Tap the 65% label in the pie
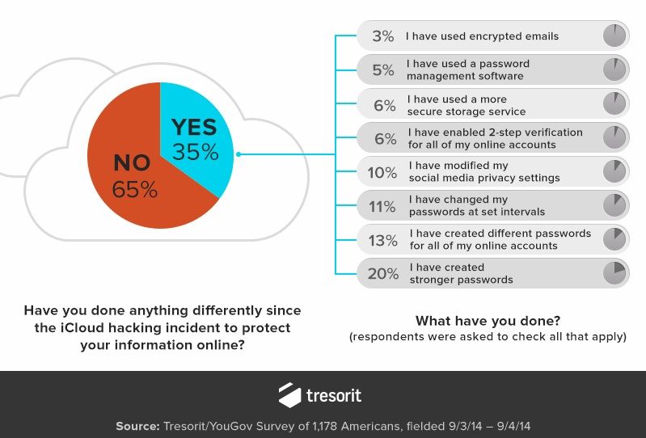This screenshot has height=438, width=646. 135,190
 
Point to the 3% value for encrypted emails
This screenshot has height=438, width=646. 382,36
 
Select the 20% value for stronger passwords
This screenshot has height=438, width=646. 382,274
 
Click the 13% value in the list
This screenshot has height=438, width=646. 382,240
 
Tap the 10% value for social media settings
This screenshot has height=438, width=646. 382,172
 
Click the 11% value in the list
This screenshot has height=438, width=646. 382,206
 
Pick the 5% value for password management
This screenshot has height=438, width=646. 382,70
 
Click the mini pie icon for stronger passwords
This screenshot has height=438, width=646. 615,272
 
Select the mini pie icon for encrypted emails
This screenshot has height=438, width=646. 615,35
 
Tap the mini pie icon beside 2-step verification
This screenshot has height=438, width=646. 615,137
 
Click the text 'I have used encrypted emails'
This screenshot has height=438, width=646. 482,36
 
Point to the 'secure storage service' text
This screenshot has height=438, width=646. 467,112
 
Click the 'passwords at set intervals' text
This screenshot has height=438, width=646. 477,212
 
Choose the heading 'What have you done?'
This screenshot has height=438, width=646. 488,320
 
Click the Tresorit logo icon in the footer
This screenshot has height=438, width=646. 289,395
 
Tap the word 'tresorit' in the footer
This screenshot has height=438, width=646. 334,396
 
